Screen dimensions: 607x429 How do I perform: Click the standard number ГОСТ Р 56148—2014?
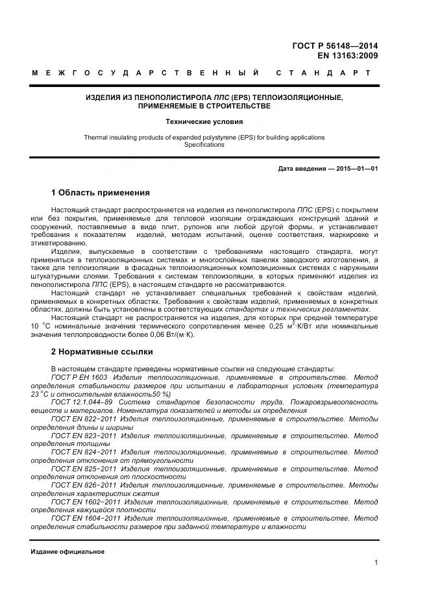point(335,45)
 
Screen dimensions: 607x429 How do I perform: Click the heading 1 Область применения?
point(100,193)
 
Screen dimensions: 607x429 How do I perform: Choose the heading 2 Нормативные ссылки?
point(102,352)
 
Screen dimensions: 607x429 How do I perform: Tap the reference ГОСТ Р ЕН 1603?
point(79,377)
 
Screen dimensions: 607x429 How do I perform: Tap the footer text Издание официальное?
point(67,552)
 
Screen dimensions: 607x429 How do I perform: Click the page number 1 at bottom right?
point(376,562)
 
